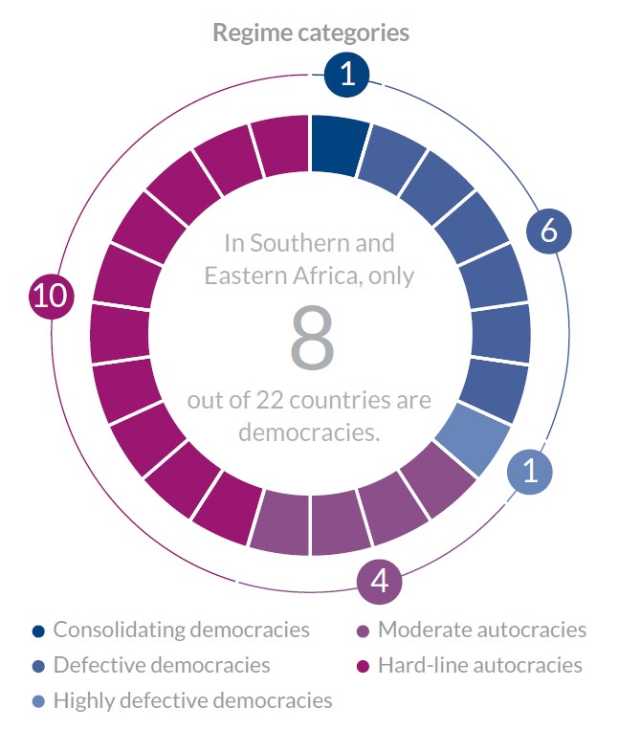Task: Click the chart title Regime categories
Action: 310,33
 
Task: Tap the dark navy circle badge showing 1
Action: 347,75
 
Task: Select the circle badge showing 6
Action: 548,231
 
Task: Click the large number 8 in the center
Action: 312,340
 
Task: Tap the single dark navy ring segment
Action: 339,145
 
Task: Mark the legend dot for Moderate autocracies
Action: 363,630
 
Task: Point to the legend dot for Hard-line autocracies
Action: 363,665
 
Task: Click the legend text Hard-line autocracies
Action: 479,665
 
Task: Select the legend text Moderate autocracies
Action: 481,630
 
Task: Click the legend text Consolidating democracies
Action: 181,630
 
